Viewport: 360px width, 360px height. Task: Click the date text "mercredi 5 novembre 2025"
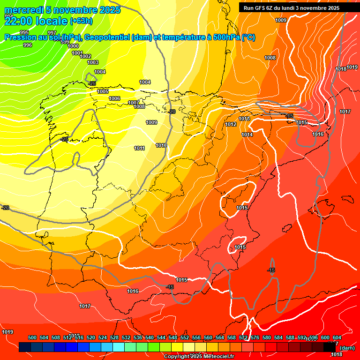(62, 10)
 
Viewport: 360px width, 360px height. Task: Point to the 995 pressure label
(24, 32)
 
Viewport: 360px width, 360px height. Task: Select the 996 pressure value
(28, 45)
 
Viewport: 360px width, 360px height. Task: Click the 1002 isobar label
(85, 56)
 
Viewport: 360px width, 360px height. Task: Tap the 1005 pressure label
(103, 91)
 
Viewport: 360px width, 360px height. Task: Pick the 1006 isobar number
(114, 98)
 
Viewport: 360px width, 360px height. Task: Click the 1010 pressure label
(162, 145)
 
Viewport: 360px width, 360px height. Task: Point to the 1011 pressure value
(139, 148)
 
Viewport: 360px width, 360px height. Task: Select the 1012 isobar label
(231, 124)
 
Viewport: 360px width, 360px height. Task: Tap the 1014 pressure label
(247, 135)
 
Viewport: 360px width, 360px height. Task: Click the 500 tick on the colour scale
(32, 337)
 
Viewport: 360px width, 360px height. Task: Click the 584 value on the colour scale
(278, 337)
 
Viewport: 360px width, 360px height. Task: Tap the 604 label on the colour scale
(337, 337)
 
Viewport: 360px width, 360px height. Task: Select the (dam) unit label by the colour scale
(347, 348)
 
